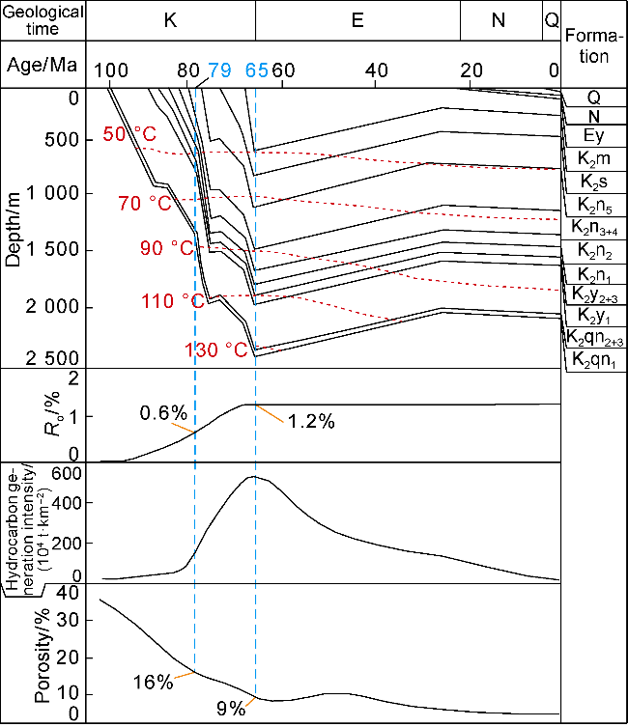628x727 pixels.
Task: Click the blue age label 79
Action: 219,70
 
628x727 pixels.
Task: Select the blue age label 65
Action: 256,70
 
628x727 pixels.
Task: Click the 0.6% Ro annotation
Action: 161,412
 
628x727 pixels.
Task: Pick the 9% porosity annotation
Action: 230,707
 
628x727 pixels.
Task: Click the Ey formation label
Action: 594,136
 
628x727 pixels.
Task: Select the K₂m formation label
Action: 594,158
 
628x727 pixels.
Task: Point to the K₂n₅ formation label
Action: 594,204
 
